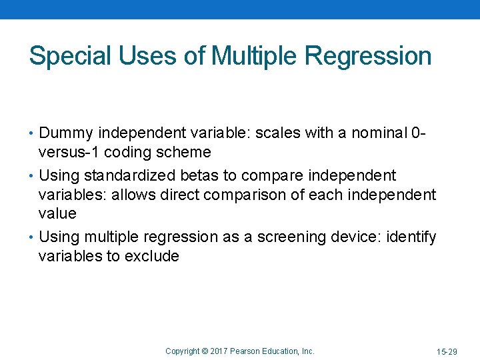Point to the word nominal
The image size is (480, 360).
pos(377,134)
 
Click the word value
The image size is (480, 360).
pos(57,214)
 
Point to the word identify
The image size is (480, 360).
pos(412,237)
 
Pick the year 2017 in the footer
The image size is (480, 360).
pos(219,351)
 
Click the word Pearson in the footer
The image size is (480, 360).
pos(245,351)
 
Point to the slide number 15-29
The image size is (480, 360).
pos(447,351)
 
